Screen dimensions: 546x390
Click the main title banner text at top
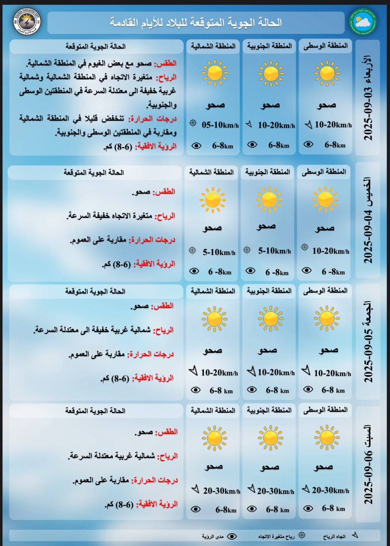(x=196, y=23)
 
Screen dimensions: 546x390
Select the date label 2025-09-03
(x=368, y=98)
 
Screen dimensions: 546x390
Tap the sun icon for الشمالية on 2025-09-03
(x=215, y=73)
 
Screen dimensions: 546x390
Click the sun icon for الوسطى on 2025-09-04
(x=325, y=199)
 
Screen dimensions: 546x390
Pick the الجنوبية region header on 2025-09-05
(x=269, y=290)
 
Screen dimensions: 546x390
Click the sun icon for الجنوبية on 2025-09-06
(x=270, y=438)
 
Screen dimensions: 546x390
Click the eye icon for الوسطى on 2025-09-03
(x=308, y=145)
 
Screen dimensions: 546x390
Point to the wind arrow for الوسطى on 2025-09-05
(x=306, y=370)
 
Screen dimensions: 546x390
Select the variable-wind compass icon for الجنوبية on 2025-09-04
(x=246, y=250)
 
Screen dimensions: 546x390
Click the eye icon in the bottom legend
(x=232, y=536)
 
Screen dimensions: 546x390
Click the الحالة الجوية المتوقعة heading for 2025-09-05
(x=95, y=291)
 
